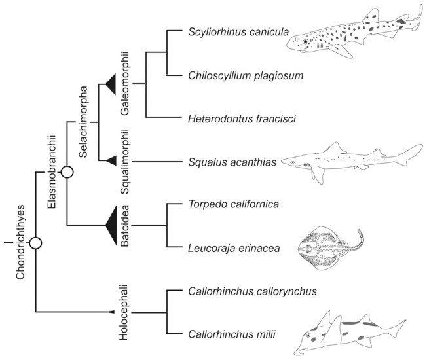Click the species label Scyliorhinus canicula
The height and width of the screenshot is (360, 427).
coord(238,32)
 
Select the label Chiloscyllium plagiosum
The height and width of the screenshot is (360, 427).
coord(246,76)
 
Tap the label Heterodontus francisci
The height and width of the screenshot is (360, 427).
coord(242,119)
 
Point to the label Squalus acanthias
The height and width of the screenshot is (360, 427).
coord(232,162)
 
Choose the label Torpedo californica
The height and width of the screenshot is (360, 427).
coord(234,204)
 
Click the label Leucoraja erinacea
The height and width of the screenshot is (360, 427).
coord(234,248)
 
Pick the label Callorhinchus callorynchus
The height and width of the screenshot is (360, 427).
coord(252,291)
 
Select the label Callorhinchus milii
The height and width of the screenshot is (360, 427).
coord(232,334)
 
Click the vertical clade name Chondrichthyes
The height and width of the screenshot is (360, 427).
coord(20,242)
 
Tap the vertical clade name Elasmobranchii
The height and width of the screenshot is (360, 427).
coord(52,172)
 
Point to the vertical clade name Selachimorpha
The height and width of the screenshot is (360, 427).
coord(83,122)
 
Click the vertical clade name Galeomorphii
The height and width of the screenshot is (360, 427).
coord(124,83)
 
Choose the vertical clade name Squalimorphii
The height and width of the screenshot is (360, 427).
coord(124,162)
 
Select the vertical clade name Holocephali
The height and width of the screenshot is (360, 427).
coord(123,312)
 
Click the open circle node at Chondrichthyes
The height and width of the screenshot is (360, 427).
coord(35,243)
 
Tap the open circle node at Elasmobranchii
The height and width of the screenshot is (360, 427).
coord(67,171)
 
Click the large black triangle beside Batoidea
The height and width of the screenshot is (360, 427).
coord(111,225)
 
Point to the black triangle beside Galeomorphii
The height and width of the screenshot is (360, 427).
coord(111,84)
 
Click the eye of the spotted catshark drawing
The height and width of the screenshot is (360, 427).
coord(306,41)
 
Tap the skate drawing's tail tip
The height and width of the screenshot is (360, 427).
coord(360,231)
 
